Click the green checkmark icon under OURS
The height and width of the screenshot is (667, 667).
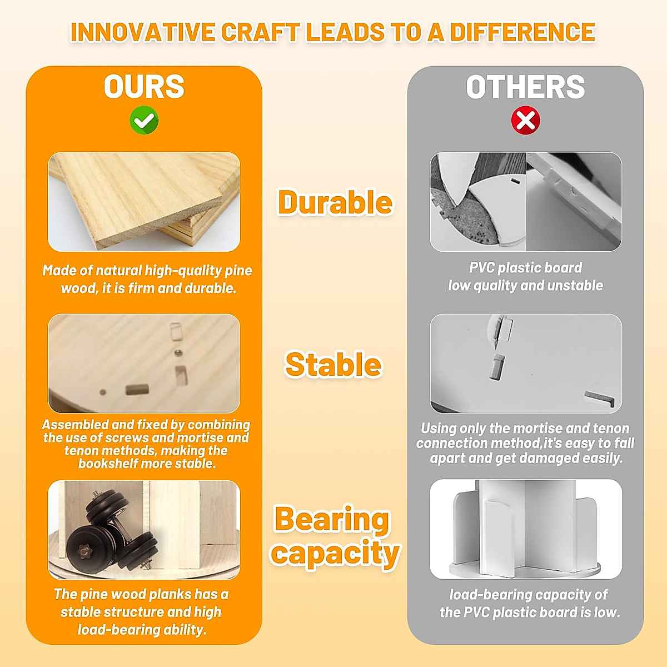(x=144, y=120)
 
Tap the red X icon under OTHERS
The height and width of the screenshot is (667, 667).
(x=525, y=120)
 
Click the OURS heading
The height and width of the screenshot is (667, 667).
(x=144, y=87)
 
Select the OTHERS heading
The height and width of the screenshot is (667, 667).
(x=525, y=87)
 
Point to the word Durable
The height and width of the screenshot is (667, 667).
(x=335, y=202)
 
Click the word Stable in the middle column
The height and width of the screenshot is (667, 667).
(x=333, y=365)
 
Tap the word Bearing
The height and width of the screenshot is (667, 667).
(x=332, y=520)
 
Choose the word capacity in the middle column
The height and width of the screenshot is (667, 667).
(x=335, y=553)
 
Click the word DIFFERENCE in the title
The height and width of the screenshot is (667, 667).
(x=522, y=32)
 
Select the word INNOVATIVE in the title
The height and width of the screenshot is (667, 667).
(x=143, y=32)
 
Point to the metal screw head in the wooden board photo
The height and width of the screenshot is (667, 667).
(x=178, y=353)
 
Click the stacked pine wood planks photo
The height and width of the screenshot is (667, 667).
(x=144, y=202)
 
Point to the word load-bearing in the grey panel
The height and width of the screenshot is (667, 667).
(x=490, y=595)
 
